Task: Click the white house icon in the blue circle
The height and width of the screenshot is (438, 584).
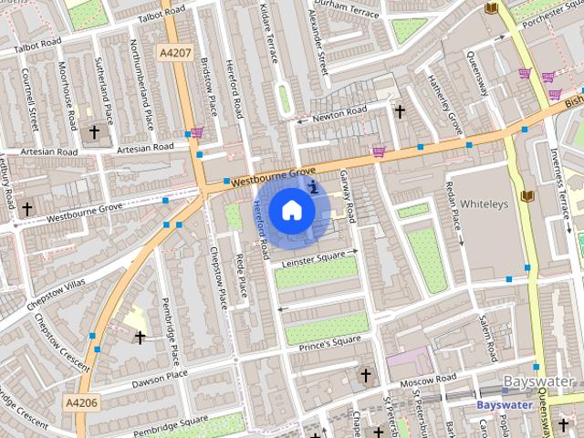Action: click(x=291, y=210)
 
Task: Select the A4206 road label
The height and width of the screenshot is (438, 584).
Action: click(x=82, y=400)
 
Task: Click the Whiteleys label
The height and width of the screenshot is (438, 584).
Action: click(x=483, y=203)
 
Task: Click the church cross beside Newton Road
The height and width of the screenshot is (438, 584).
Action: click(x=399, y=111)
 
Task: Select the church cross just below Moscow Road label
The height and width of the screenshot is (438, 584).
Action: click(x=366, y=375)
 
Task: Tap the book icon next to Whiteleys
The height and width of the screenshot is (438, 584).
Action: click(x=527, y=195)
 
